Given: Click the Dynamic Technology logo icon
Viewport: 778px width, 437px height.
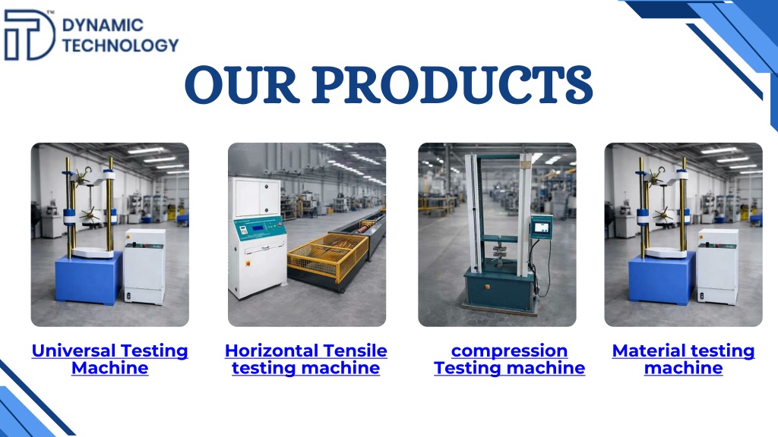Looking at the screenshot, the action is click(30, 35).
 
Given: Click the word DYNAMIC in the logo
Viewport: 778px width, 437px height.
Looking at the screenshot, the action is click(103, 25).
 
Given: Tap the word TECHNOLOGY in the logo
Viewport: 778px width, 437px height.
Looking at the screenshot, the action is click(120, 45).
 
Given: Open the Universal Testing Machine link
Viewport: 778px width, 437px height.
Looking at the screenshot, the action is click(109, 359).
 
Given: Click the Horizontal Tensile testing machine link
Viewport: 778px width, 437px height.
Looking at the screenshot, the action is click(305, 359).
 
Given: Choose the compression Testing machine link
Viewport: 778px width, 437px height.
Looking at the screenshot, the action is click(509, 359).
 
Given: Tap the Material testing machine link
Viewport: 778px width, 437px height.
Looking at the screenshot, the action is click(683, 359).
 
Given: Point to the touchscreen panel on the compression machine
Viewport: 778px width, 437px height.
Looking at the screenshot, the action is click(541, 227).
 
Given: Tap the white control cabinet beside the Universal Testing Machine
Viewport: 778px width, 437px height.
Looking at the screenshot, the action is click(144, 266).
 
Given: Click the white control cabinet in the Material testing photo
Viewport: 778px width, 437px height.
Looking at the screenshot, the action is click(717, 266).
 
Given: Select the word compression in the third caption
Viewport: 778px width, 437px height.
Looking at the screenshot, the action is click(509, 351).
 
